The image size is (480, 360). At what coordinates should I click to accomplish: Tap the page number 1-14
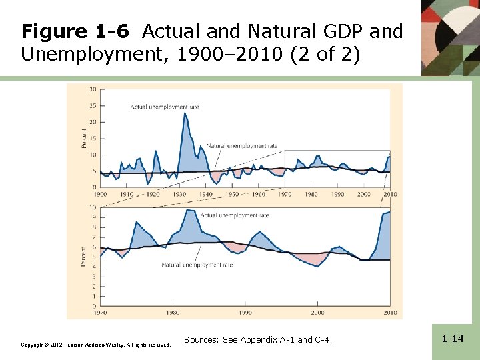453,339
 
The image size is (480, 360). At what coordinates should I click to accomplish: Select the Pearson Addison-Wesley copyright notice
96,345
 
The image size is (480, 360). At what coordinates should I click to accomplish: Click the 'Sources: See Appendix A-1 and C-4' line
257,340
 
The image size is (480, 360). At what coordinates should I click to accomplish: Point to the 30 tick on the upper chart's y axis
92,89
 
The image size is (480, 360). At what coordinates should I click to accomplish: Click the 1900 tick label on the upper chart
100,194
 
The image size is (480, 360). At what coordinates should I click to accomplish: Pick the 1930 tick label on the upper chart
179,194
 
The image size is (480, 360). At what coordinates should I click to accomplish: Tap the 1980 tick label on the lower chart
173,312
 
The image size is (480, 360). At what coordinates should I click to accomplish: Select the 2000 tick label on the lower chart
317,312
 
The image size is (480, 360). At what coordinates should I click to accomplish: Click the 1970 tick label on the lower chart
101,312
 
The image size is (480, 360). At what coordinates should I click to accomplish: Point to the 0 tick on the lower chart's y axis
94,306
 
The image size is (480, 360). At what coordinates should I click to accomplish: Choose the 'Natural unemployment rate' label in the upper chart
241,145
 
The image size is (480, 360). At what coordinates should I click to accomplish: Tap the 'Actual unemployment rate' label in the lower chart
235,215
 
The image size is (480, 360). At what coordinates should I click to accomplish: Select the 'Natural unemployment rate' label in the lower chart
197,265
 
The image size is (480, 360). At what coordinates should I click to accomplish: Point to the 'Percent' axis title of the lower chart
84,257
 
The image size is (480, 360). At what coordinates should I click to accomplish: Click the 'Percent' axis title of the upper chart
84,139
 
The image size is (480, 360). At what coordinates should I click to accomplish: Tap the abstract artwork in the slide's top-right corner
450,37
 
